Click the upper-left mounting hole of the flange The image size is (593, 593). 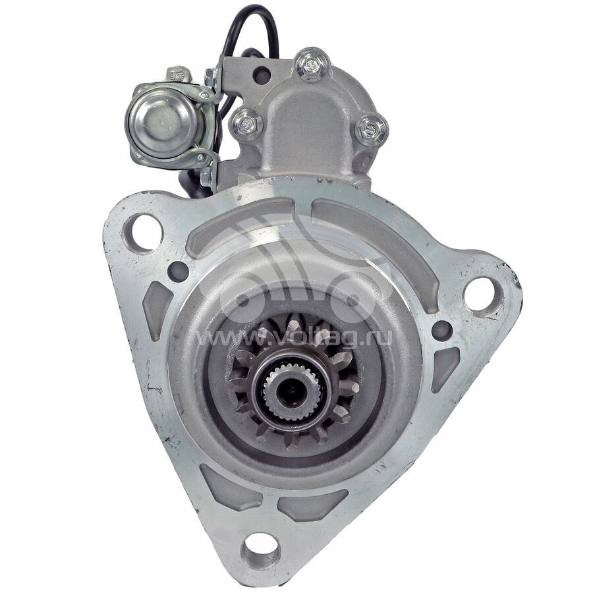[142, 233]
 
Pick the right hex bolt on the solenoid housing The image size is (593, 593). [371, 130]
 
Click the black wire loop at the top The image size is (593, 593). [250, 28]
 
